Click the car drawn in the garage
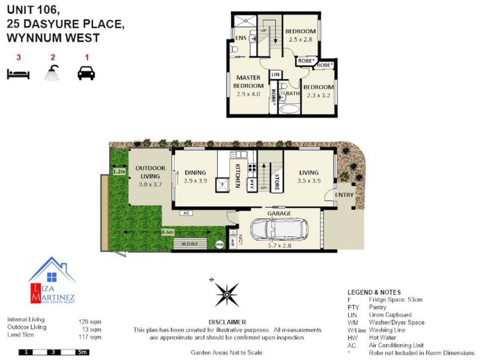[x=278, y=229]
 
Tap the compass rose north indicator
[x=227, y=293]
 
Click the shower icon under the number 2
[x=52, y=73]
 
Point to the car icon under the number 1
[x=86, y=73]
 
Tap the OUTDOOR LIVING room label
[x=150, y=172]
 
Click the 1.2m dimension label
[x=119, y=172]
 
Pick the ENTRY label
[x=344, y=195]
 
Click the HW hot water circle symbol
[x=219, y=244]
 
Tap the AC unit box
[x=186, y=213]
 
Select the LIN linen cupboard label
[x=275, y=74]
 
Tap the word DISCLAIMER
[x=227, y=322]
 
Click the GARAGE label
[x=279, y=214]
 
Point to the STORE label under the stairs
[x=277, y=182]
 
